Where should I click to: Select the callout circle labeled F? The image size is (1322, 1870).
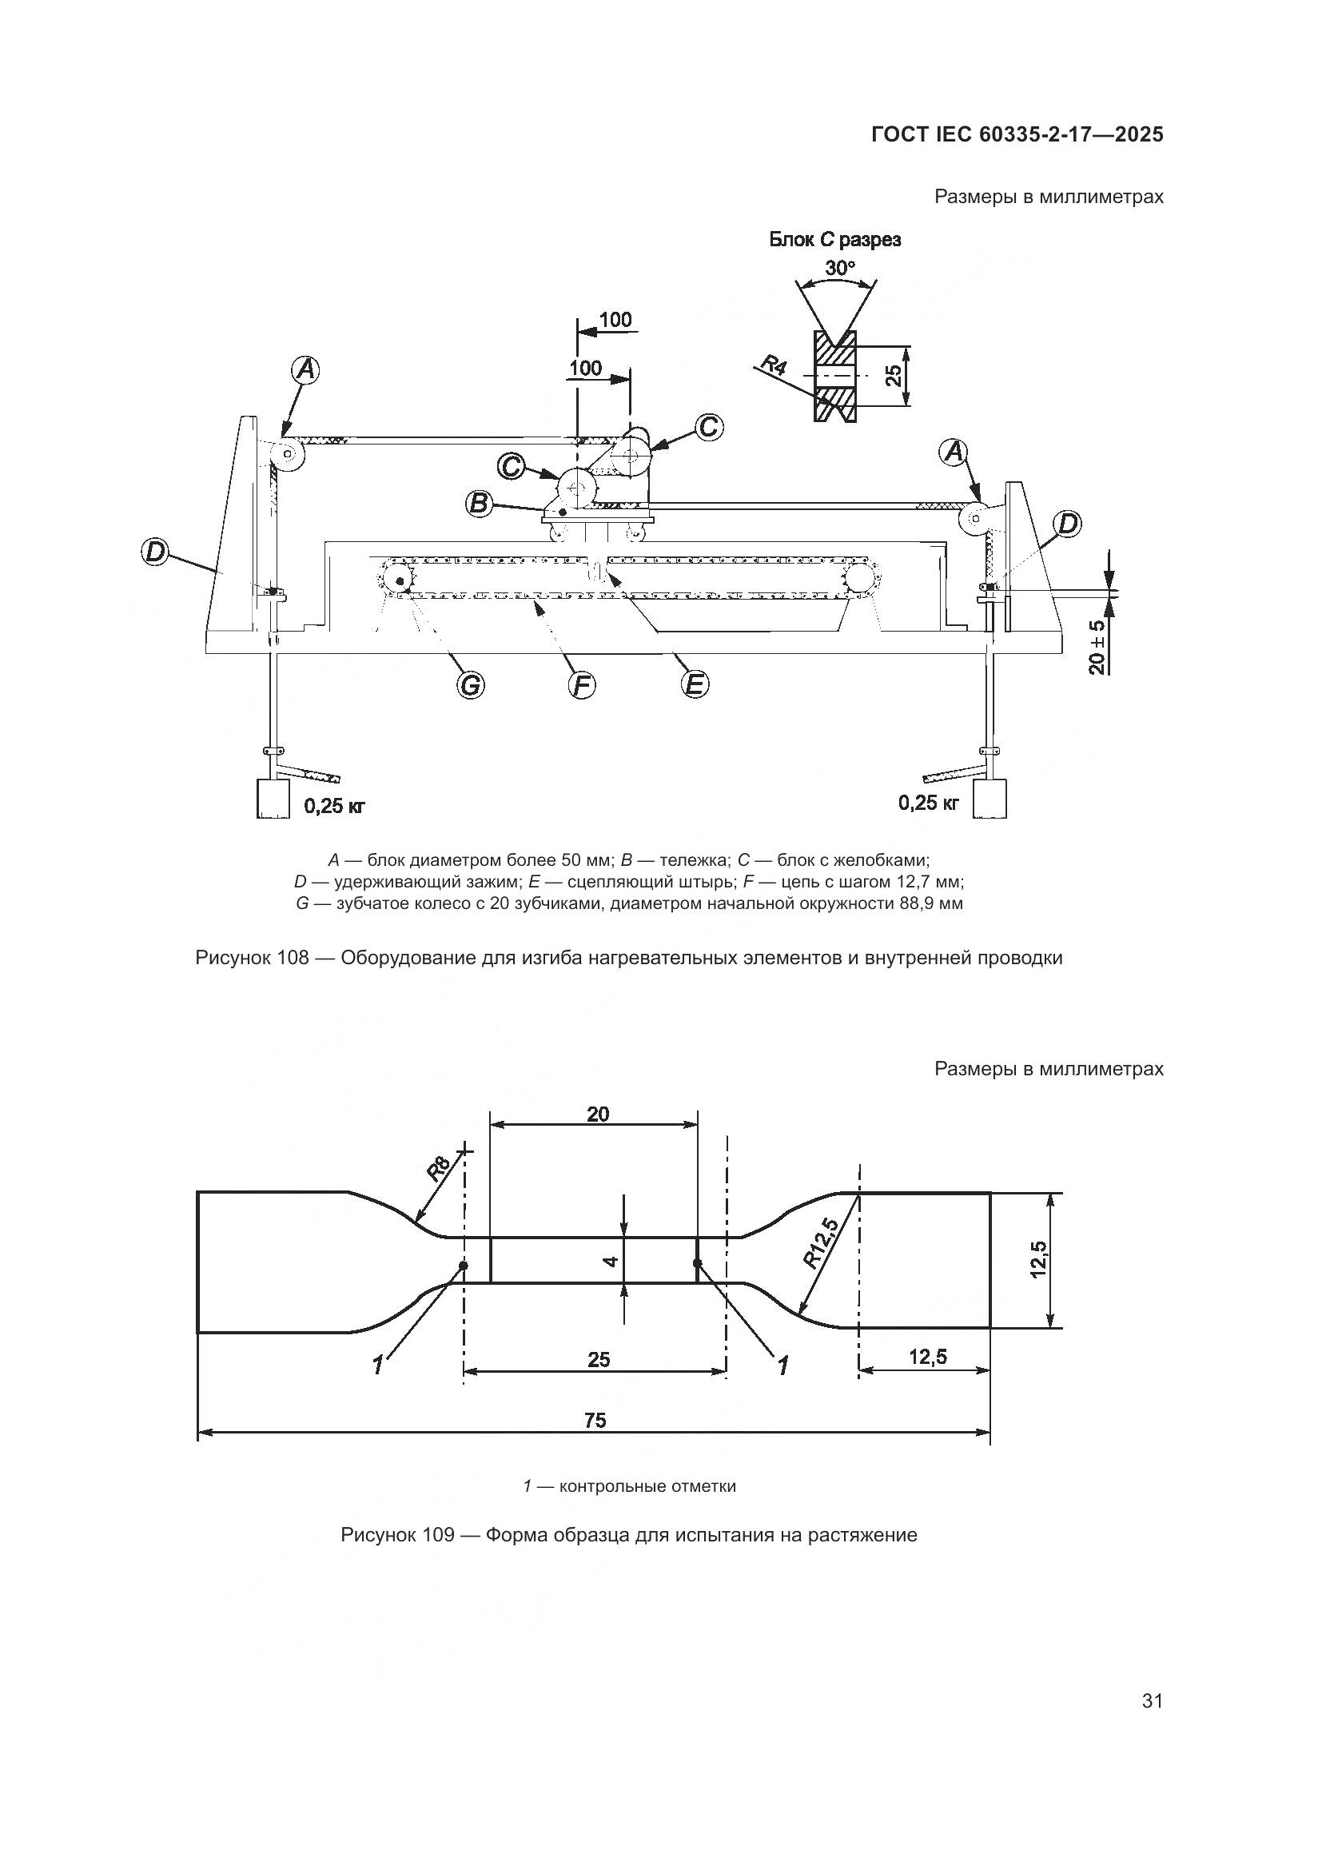point(581,686)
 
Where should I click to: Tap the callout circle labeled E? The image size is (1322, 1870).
point(694,684)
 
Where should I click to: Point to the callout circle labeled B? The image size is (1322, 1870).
point(480,504)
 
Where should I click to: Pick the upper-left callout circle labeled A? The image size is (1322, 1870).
point(305,371)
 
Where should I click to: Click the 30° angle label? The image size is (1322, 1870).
point(840,267)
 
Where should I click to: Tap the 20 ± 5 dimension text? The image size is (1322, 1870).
point(1097,648)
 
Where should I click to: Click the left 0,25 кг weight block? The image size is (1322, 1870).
point(273,798)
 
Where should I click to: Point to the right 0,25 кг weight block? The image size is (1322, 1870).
point(990,798)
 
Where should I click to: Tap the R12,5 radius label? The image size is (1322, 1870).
point(821,1242)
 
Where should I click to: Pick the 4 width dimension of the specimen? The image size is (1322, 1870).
point(613,1260)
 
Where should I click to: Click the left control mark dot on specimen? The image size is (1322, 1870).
point(464,1266)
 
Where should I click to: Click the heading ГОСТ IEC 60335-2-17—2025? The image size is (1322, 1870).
point(1017,134)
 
